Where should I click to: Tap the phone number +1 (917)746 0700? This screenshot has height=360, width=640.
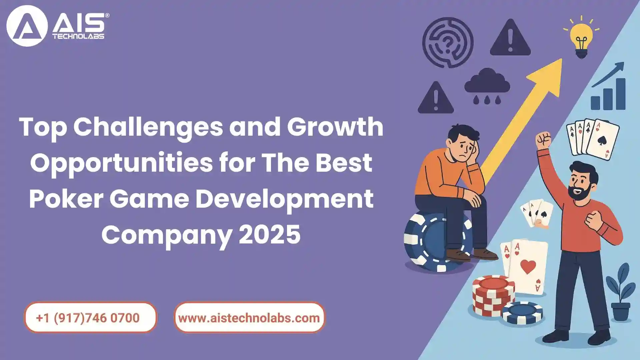[88, 318]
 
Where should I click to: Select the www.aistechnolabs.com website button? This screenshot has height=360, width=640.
[249, 317]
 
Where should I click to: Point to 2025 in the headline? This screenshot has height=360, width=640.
[270, 234]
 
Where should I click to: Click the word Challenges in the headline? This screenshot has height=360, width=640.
[148, 127]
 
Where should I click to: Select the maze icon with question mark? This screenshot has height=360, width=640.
[448, 43]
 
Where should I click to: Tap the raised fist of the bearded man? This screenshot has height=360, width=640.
[543, 140]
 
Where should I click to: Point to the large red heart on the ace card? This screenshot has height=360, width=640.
[528, 267]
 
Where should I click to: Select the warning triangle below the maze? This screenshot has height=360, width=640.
[436, 98]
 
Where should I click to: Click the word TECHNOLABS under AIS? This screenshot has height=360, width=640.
[78, 36]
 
